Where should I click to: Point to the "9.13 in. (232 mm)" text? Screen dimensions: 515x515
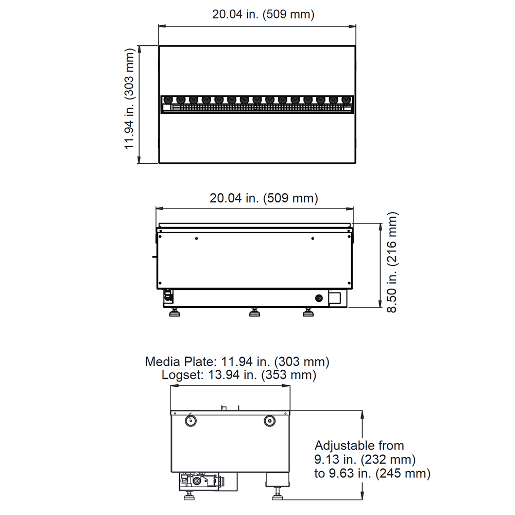click(x=365, y=459)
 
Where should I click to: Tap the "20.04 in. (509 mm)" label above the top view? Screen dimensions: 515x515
click(x=263, y=14)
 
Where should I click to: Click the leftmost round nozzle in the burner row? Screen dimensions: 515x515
click(x=168, y=99)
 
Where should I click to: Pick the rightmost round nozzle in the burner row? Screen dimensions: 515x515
click(x=346, y=99)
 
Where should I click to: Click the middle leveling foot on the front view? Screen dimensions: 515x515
click(x=254, y=312)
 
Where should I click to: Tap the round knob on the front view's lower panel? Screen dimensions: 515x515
click(x=319, y=298)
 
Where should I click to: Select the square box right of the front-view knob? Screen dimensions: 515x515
click(x=335, y=298)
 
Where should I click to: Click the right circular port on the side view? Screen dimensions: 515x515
click(x=269, y=421)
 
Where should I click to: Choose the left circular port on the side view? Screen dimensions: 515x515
click(x=190, y=420)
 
